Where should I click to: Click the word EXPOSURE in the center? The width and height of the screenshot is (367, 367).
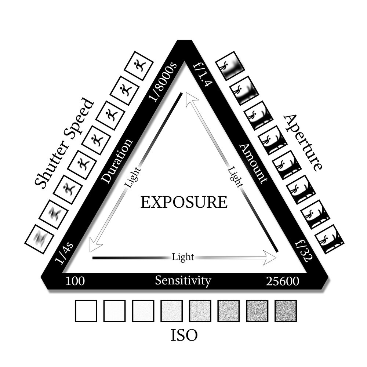point(184,202)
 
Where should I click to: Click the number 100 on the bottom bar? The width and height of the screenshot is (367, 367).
point(75,281)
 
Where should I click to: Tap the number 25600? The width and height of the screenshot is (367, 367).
point(282,281)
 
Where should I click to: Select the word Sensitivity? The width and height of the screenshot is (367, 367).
point(183,281)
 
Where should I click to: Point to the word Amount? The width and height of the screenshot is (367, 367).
point(253,163)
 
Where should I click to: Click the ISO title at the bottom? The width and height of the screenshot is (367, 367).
point(184,335)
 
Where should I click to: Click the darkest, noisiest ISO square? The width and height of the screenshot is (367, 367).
point(286,311)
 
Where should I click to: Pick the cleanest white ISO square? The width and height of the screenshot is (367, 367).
point(86,311)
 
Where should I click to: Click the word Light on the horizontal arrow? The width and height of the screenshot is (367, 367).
point(183,257)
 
